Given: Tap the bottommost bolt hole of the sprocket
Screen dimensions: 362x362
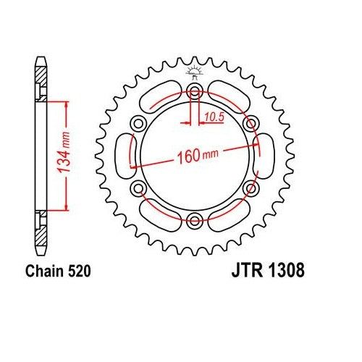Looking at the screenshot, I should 193,221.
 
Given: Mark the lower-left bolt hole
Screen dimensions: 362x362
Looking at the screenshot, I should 137,188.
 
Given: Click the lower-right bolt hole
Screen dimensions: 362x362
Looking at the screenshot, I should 251,188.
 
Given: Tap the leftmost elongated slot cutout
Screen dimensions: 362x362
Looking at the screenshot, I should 123,156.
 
